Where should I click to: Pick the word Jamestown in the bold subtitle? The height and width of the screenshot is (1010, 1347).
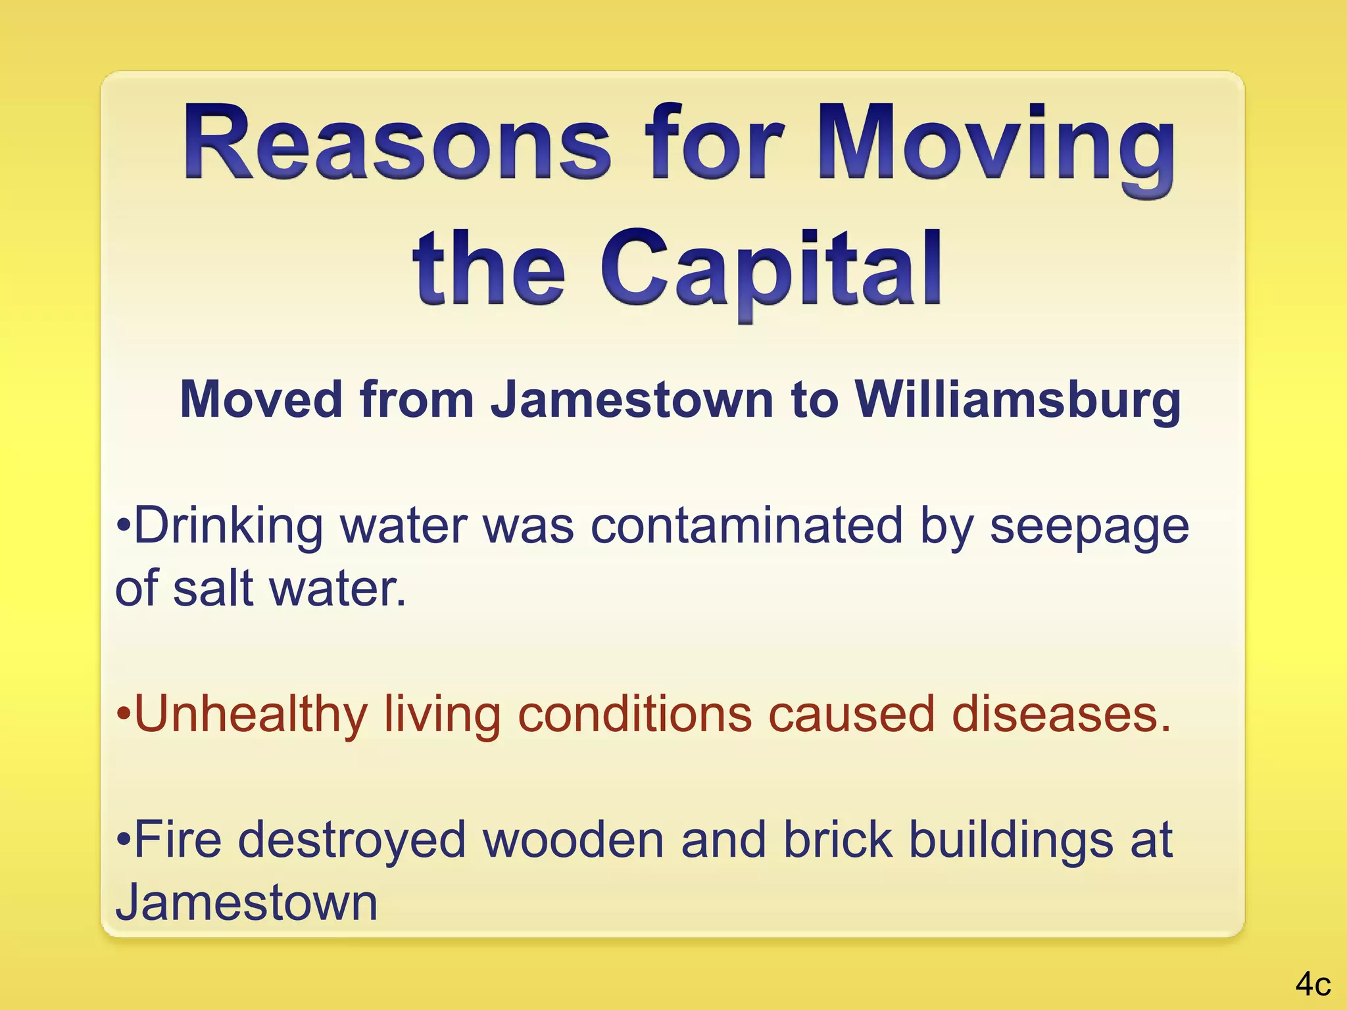click(x=632, y=400)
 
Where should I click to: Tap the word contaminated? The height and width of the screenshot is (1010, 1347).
click(x=747, y=526)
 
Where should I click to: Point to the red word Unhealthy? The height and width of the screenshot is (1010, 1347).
click(x=251, y=715)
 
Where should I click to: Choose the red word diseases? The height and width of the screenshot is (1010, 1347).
click(x=1061, y=714)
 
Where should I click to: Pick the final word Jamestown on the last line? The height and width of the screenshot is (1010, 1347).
click(x=247, y=902)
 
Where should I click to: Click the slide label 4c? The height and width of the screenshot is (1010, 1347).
click(x=1313, y=984)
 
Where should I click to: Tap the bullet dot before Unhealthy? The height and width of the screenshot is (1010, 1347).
click(x=124, y=713)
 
